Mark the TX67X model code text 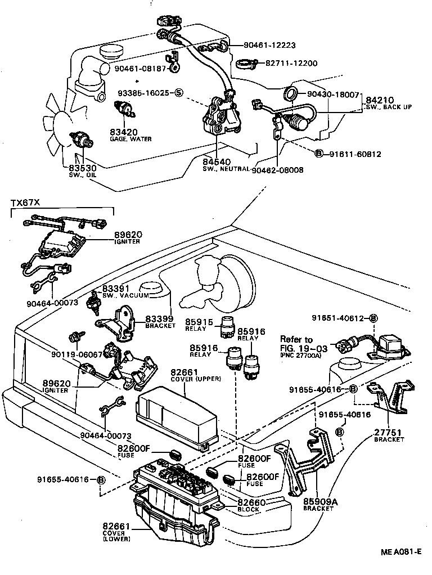25,202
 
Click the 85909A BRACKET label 318,504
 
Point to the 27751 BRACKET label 389,435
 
